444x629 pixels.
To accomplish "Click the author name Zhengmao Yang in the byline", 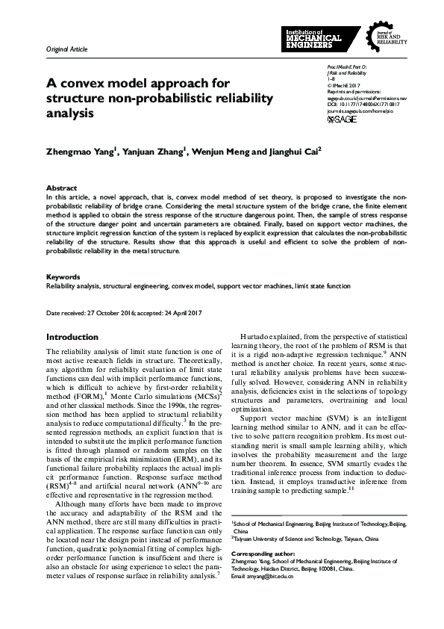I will click(79, 150).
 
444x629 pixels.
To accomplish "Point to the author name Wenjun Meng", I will click(217, 150).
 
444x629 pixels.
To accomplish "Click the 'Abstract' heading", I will click(61, 188).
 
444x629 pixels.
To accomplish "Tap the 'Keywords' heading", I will click(63, 277).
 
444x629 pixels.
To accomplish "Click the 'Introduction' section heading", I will click(72, 337).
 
